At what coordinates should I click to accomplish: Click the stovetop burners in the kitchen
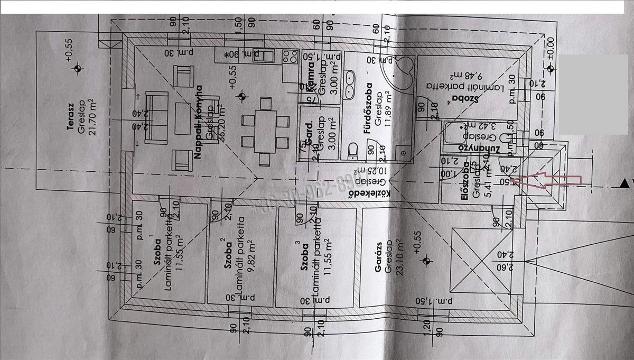click(289, 57)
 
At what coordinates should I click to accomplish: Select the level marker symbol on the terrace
click(78, 68)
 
